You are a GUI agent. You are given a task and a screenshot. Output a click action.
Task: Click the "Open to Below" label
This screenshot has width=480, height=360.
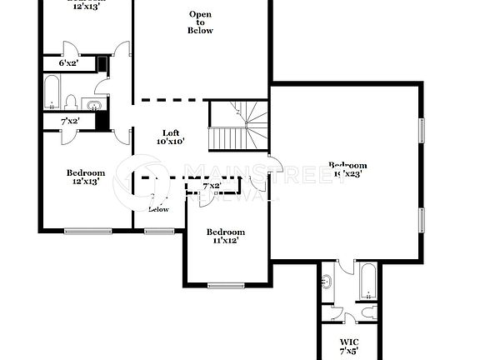[201, 22]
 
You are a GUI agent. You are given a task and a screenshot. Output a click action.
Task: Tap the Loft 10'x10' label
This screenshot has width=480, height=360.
[170, 137]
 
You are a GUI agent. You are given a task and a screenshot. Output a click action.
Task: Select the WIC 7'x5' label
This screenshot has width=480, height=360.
[348, 346]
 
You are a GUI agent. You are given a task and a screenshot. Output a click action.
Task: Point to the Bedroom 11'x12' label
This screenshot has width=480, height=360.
[225, 236]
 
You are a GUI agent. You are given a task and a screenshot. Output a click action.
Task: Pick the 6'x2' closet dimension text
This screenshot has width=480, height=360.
[68, 63]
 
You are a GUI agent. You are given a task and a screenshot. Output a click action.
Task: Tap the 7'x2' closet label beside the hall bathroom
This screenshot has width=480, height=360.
[70, 122]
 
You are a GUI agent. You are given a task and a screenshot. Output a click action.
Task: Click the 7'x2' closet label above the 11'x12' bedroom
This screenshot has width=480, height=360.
[213, 186]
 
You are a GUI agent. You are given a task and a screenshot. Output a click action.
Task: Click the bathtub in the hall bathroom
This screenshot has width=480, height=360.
[51, 92]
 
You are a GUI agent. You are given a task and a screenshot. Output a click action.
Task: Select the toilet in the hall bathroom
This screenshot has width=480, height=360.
[72, 102]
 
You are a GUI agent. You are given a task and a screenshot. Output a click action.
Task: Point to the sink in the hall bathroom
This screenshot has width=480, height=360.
[92, 104]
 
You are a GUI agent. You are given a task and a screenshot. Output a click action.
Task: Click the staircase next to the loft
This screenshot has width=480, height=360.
[237, 126]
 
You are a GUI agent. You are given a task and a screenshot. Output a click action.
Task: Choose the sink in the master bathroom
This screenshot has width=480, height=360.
[327, 282]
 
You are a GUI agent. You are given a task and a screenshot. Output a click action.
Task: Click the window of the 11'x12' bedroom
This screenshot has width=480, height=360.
[225, 286]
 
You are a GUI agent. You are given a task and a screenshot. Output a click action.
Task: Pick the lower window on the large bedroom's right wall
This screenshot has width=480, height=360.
[422, 220]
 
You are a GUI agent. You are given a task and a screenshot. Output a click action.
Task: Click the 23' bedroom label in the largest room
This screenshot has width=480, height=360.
[347, 169]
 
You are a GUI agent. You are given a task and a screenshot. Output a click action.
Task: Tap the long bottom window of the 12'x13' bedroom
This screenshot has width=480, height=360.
[87, 231]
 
